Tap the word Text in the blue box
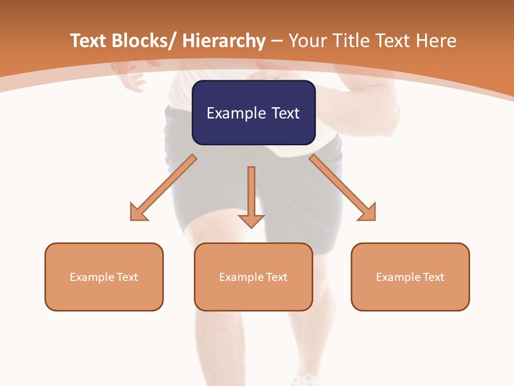pyautogui.click(x=285, y=113)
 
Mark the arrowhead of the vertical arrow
pyautogui.click(x=251, y=221)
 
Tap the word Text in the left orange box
pyautogui.click(x=127, y=277)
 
